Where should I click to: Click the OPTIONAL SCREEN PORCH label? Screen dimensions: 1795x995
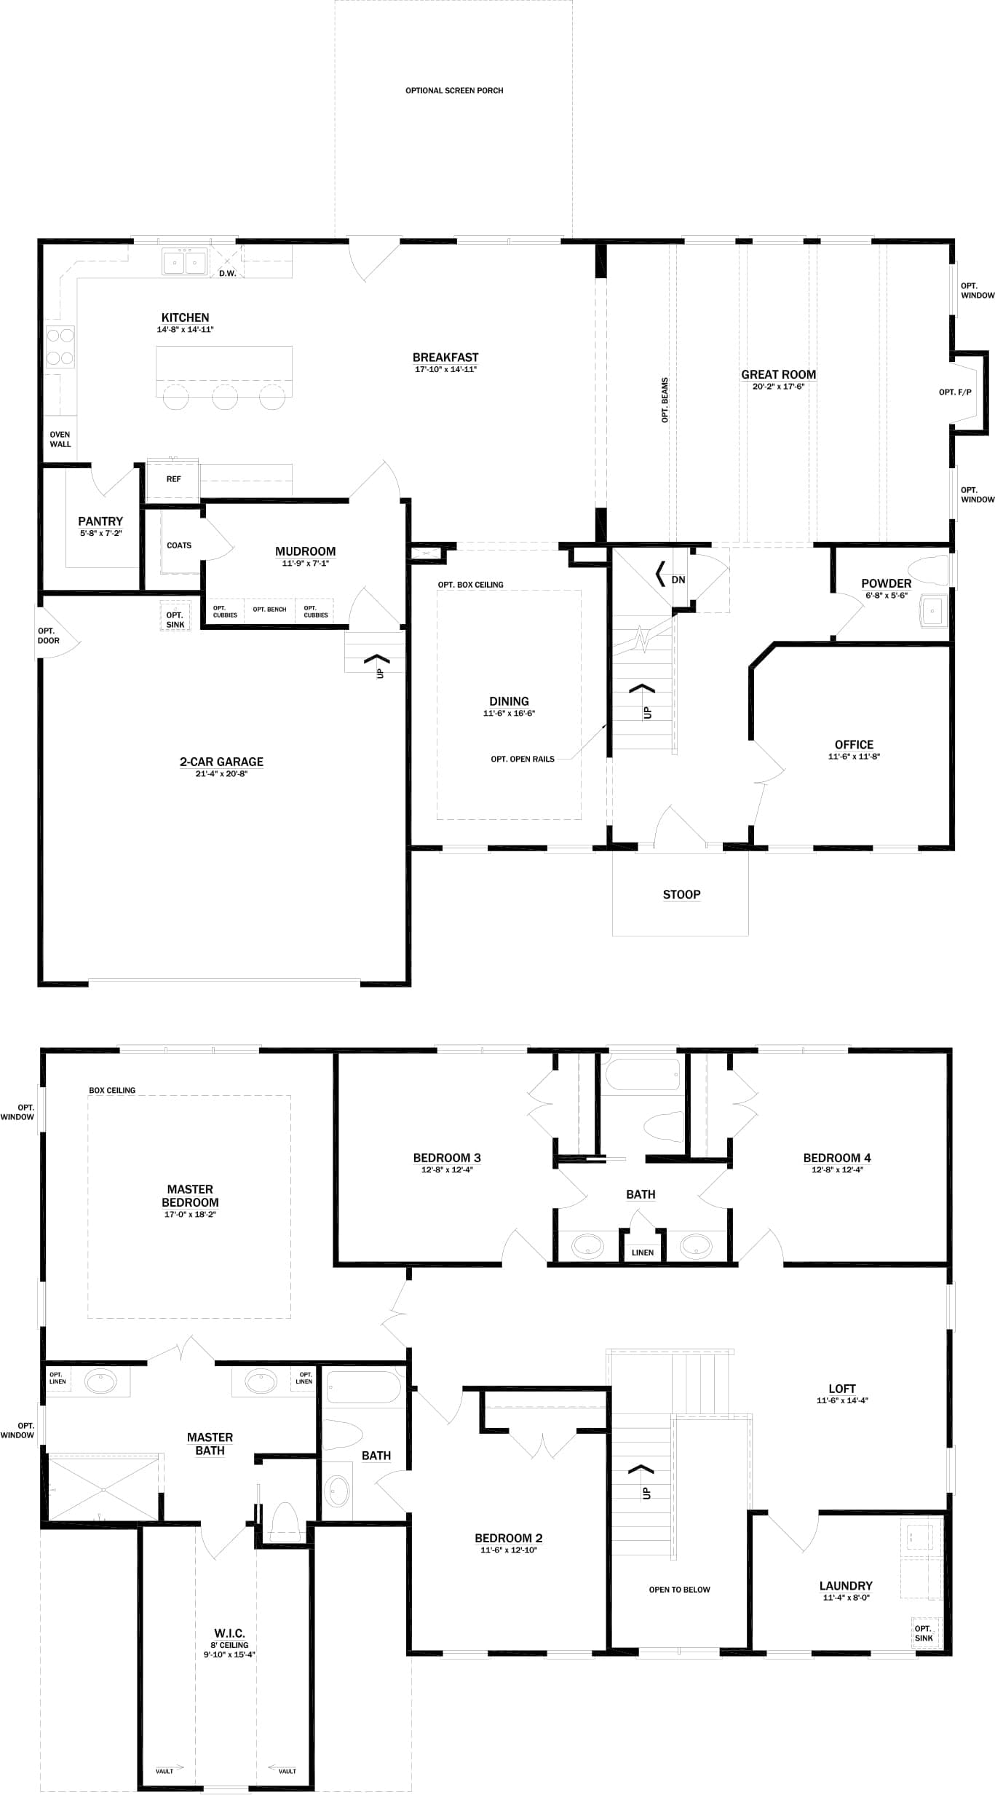coord(454,91)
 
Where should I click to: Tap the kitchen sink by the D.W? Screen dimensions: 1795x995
coord(185,261)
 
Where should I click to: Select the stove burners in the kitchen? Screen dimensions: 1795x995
coord(60,347)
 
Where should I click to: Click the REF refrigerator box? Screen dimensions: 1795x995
coord(173,479)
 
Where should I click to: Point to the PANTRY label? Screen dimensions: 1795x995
coord(100,521)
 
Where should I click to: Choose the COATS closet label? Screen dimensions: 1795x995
coord(179,545)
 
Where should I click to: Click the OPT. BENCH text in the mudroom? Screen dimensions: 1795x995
coord(269,609)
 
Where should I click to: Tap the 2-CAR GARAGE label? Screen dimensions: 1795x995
coord(221,762)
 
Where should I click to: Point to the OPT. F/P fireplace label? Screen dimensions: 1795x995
coord(955,392)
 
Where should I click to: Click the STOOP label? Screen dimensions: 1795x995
coord(681,895)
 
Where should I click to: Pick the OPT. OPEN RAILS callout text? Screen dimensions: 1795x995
coord(523,760)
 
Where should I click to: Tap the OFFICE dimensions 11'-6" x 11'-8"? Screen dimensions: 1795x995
coord(854,757)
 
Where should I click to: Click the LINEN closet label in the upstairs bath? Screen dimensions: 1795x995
coord(643,1252)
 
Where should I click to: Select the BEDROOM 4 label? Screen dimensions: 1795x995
coord(837,1158)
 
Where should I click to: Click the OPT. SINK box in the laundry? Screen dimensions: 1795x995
coord(923,1633)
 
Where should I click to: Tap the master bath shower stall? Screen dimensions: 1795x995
coord(103,1486)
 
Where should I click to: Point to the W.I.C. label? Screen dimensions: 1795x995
coord(229,1633)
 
